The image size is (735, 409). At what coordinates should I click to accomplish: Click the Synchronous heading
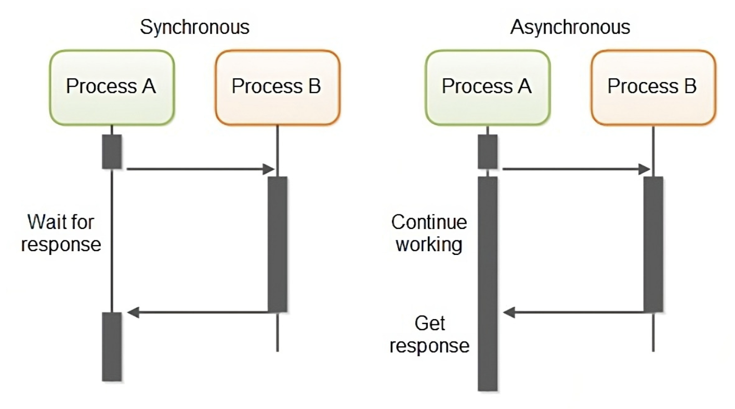click(194, 28)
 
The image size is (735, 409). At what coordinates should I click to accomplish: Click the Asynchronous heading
click(570, 27)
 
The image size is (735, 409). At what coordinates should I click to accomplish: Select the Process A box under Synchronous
click(112, 88)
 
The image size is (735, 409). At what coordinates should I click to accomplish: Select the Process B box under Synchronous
click(278, 88)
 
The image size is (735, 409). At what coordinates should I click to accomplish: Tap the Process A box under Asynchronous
click(488, 88)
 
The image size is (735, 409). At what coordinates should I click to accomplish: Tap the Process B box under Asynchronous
click(653, 88)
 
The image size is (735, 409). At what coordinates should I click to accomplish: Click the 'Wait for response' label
click(61, 233)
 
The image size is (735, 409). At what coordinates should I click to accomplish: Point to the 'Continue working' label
click(429, 233)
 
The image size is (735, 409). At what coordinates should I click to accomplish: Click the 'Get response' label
click(429, 334)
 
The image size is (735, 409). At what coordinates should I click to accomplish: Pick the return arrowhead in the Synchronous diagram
click(133, 312)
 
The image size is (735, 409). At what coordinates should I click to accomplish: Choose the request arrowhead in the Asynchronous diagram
click(645, 169)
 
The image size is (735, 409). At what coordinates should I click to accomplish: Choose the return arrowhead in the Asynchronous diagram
click(508, 312)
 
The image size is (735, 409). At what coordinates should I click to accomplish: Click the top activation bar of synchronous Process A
click(112, 152)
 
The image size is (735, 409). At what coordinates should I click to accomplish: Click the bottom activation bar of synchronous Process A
click(112, 347)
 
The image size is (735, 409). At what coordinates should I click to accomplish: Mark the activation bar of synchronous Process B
click(278, 244)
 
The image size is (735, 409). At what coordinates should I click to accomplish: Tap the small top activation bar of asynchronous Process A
click(488, 152)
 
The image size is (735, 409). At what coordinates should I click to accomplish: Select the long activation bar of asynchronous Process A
click(488, 284)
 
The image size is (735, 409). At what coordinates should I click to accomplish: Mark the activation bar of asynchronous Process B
click(653, 244)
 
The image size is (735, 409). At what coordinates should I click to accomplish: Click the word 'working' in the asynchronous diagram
click(429, 245)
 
